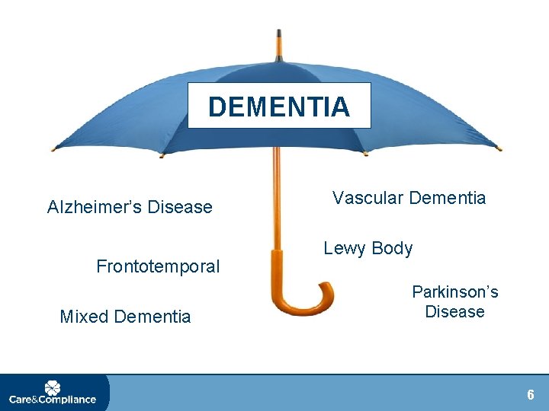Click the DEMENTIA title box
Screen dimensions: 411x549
point(279,106)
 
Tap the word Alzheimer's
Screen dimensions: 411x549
point(95,207)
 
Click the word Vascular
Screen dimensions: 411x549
point(368,198)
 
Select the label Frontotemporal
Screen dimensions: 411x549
point(158,266)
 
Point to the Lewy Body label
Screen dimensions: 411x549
point(368,248)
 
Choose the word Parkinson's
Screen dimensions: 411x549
point(454,292)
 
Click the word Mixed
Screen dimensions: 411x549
point(83,317)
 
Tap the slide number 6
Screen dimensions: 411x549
point(531,394)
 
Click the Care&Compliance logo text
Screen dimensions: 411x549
point(53,399)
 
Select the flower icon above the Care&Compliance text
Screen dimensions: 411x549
point(53,386)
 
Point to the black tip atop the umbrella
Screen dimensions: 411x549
point(279,36)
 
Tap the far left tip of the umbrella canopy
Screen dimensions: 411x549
point(53,148)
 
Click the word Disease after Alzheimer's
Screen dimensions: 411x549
point(180,207)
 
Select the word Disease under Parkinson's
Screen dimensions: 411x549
point(454,311)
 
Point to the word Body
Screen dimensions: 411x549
point(393,248)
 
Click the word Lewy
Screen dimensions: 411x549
point(345,248)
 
